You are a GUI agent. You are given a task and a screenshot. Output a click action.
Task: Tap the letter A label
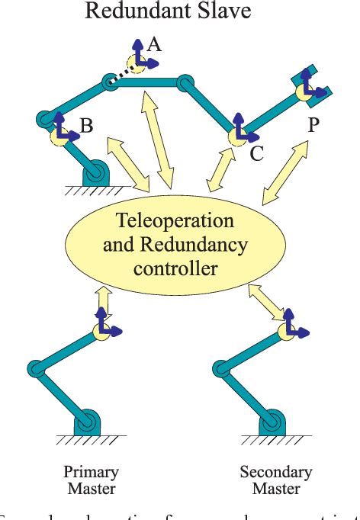point(154,45)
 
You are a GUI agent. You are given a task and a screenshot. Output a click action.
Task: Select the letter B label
point(86,127)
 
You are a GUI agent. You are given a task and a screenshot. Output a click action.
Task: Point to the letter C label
point(256,154)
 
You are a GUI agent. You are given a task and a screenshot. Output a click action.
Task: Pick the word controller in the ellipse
point(175,268)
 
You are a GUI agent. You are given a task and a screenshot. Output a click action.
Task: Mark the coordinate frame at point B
point(62,135)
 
